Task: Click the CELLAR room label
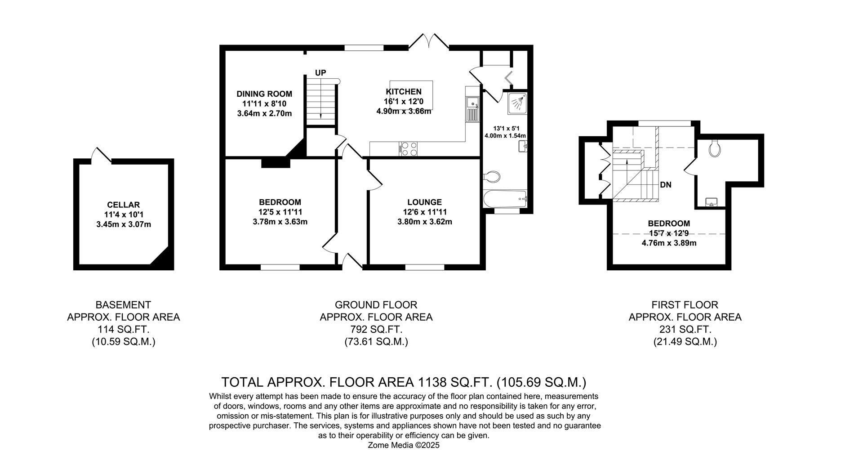click(x=123, y=205)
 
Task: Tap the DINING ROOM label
click(x=264, y=94)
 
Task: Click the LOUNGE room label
click(x=424, y=202)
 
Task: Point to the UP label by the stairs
click(x=320, y=73)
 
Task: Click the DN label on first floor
click(x=666, y=185)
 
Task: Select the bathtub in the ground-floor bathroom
click(x=504, y=198)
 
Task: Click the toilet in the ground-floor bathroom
click(x=493, y=176)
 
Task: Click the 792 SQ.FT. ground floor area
click(x=376, y=329)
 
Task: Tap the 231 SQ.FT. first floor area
click(x=685, y=329)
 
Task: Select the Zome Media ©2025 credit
click(x=403, y=445)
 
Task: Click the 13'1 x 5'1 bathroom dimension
click(x=505, y=127)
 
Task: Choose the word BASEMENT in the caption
click(x=123, y=305)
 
